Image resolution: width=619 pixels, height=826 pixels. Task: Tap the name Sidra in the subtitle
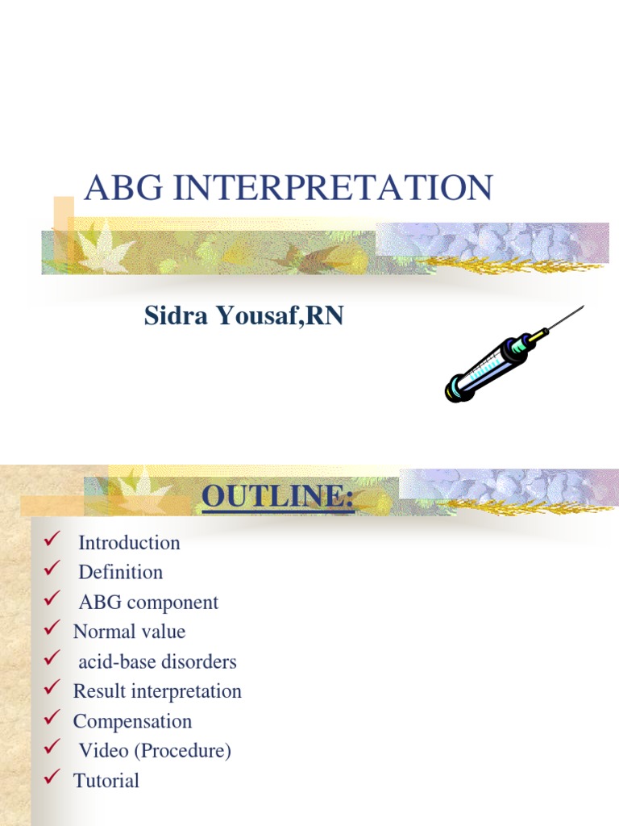[x=176, y=316]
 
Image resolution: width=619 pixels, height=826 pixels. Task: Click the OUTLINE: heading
[x=278, y=496]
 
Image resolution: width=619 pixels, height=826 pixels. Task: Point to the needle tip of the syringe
[x=581, y=307]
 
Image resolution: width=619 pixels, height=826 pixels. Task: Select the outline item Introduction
[x=129, y=543]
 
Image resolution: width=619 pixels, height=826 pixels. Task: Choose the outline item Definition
[x=120, y=573]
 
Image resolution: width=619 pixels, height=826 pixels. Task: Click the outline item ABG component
[x=148, y=603]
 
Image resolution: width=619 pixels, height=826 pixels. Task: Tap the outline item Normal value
[x=129, y=632]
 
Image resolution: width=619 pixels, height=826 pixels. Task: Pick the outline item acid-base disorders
[x=157, y=662]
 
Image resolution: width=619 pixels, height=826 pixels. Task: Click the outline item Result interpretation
[x=157, y=691]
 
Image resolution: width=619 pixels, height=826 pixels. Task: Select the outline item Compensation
[x=132, y=721]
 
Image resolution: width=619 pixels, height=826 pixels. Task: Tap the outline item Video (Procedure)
[x=155, y=751]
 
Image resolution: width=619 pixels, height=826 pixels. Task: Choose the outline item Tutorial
[x=106, y=781]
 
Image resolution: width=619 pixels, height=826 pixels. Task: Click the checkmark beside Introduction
[x=53, y=540]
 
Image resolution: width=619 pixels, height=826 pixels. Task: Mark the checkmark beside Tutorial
[x=53, y=778]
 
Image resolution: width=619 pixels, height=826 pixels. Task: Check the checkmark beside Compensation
[x=53, y=718]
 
